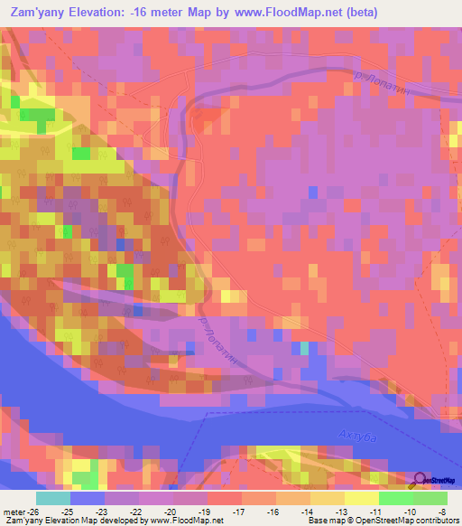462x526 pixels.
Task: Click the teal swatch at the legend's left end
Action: point(53,498)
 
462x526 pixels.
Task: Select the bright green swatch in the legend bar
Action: point(396,498)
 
